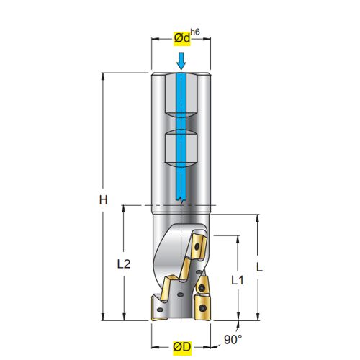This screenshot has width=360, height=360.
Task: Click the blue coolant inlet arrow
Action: (181, 60)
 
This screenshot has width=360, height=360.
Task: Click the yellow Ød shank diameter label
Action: (182, 38)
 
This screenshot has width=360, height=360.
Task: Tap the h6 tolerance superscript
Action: (195, 32)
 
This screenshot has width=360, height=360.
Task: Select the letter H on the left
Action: (104, 199)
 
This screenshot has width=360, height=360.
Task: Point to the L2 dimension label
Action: (124, 264)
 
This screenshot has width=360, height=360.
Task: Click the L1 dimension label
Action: (238, 280)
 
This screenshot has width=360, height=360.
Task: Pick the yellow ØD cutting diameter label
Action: (182, 347)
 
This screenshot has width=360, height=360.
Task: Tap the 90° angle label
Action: (233, 339)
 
